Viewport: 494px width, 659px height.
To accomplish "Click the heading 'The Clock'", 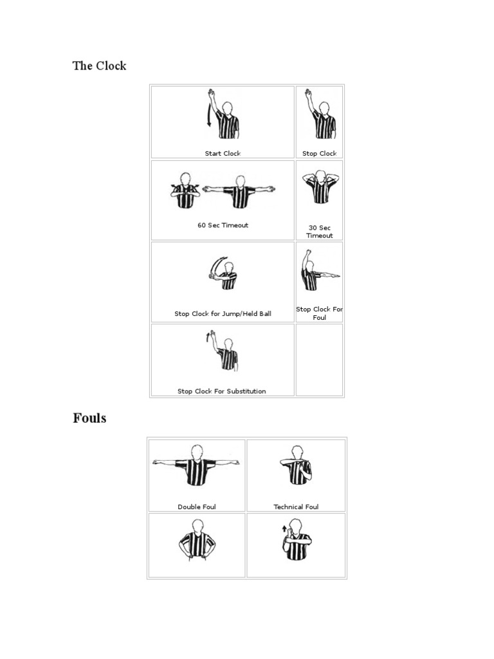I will [x=99, y=66].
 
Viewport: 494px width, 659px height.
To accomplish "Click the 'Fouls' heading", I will [x=89, y=418].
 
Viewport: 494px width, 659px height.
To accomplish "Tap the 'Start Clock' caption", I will [x=223, y=153].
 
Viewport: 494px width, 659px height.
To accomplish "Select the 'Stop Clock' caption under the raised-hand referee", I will [x=319, y=153].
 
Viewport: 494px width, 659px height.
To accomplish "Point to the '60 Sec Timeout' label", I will [x=223, y=225].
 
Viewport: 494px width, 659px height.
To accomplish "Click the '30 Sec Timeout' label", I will [x=319, y=232].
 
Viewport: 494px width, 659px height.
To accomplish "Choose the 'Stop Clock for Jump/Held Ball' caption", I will [x=223, y=314].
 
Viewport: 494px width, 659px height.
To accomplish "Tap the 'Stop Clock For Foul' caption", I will [x=319, y=313].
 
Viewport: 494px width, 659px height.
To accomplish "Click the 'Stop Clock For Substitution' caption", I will [x=222, y=391].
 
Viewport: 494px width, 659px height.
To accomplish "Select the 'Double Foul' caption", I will [x=197, y=506].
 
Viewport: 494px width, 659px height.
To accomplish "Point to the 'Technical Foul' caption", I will [x=296, y=506].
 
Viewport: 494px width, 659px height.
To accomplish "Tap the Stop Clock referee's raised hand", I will [x=308, y=93].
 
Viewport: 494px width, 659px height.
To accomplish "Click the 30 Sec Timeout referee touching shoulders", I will [x=319, y=187].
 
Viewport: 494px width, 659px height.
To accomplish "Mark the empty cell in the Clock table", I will [x=319, y=359].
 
